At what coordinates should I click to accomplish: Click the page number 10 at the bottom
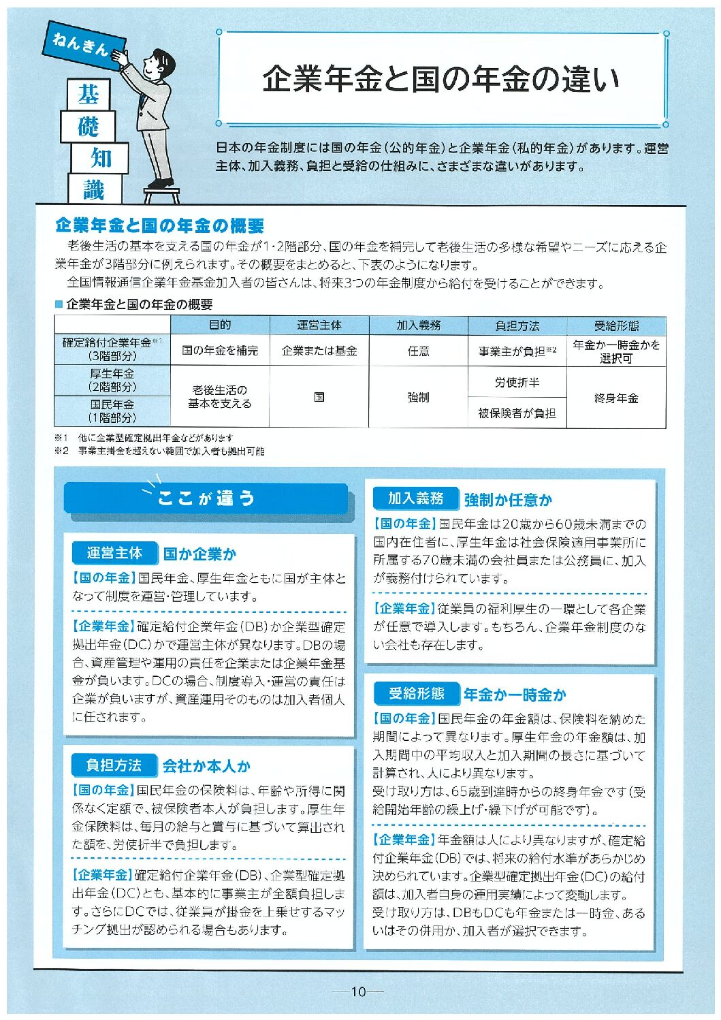pyautogui.click(x=359, y=991)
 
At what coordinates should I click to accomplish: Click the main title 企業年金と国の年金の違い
pyautogui.click(x=440, y=80)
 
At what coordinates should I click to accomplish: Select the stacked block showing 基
pyautogui.click(x=89, y=95)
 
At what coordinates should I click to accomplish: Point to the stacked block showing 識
pyautogui.click(x=94, y=189)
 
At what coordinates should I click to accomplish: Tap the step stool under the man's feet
pyautogui.click(x=162, y=195)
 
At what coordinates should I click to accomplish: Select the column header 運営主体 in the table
pyautogui.click(x=319, y=325)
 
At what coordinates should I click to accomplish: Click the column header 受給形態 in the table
pyautogui.click(x=616, y=325)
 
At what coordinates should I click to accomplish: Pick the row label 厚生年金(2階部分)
pyautogui.click(x=112, y=380)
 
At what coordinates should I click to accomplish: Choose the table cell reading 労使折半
pyautogui.click(x=517, y=383)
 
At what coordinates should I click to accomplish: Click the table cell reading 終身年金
pyautogui.click(x=616, y=398)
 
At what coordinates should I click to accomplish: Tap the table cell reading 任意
pyautogui.click(x=418, y=351)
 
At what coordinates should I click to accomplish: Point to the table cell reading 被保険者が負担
pyautogui.click(x=517, y=413)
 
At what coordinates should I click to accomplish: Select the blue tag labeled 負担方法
pyautogui.click(x=114, y=765)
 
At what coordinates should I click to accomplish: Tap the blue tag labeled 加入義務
pyautogui.click(x=415, y=498)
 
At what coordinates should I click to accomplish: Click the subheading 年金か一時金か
pyautogui.click(x=515, y=695)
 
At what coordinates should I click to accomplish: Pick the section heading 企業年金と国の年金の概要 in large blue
pyautogui.click(x=159, y=225)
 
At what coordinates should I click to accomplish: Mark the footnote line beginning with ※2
pyautogui.click(x=159, y=451)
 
